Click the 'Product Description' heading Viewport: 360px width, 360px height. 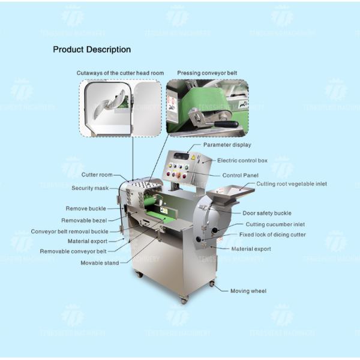pos(92,49)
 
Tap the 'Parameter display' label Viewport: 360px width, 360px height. pos(227,145)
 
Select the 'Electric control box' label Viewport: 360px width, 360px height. pos(242,160)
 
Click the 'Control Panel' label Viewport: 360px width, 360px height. pos(240,175)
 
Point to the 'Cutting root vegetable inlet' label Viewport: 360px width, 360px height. pos(292,184)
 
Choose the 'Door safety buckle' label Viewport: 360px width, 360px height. pos(266,213)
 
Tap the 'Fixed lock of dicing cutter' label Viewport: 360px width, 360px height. pos(272,235)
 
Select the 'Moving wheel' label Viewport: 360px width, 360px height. pos(248,290)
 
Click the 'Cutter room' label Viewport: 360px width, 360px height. pos(97,175)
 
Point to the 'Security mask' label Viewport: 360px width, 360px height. pos(89,188)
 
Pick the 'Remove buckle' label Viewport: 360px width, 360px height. pos(85,208)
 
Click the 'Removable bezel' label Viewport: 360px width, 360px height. pos(85,220)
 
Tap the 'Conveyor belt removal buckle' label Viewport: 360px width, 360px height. pos(70,231)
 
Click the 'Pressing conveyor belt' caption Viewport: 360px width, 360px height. pos(206,73)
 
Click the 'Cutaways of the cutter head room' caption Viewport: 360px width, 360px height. pos(120,73)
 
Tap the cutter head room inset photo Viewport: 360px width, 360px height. pos(120,108)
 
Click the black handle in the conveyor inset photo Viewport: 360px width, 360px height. pos(225,125)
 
